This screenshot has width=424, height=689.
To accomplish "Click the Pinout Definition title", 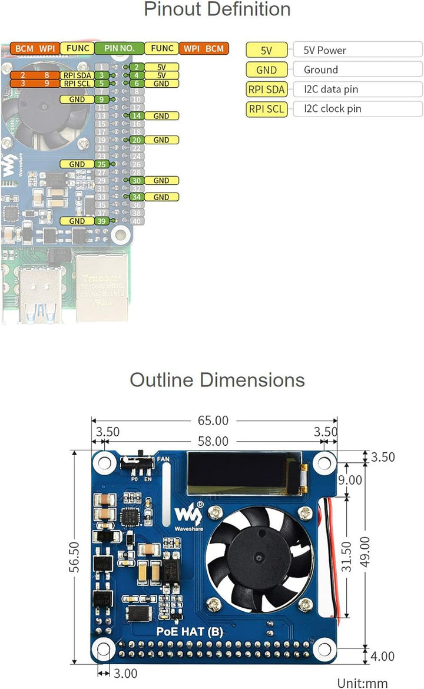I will click(x=217, y=10).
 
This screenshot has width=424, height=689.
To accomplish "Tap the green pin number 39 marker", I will click(x=102, y=221).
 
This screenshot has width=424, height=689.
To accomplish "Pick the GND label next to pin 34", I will click(x=161, y=197).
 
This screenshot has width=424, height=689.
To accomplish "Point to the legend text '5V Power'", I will click(x=324, y=51).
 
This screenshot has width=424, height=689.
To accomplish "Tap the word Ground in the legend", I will click(x=320, y=70).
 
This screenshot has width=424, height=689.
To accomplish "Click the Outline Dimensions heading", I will click(x=217, y=380).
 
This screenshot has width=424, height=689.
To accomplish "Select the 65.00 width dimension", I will click(x=213, y=420).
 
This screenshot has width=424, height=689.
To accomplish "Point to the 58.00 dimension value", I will click(x=213, y=440).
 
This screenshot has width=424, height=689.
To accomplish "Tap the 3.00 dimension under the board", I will click(x=124, y=673).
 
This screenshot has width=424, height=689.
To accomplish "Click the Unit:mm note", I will click(x=362, y=683).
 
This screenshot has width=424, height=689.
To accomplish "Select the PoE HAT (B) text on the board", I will click(x=189, y=632).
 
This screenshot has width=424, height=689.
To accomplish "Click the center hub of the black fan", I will click(x=260, y=554).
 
